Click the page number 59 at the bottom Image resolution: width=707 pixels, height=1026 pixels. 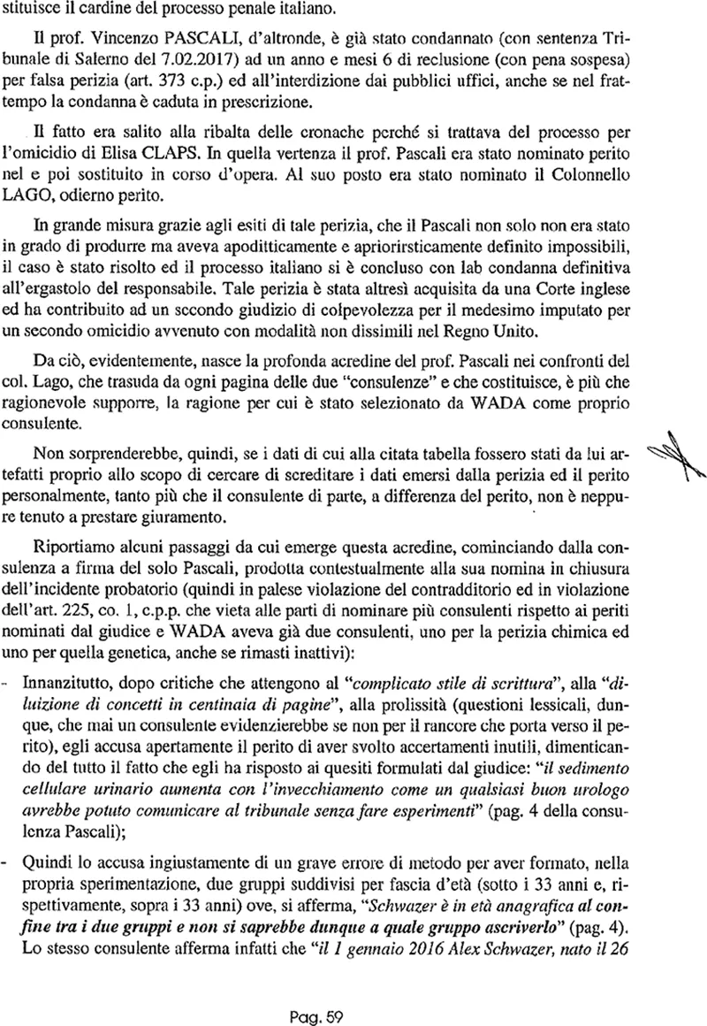pos(332,992)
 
